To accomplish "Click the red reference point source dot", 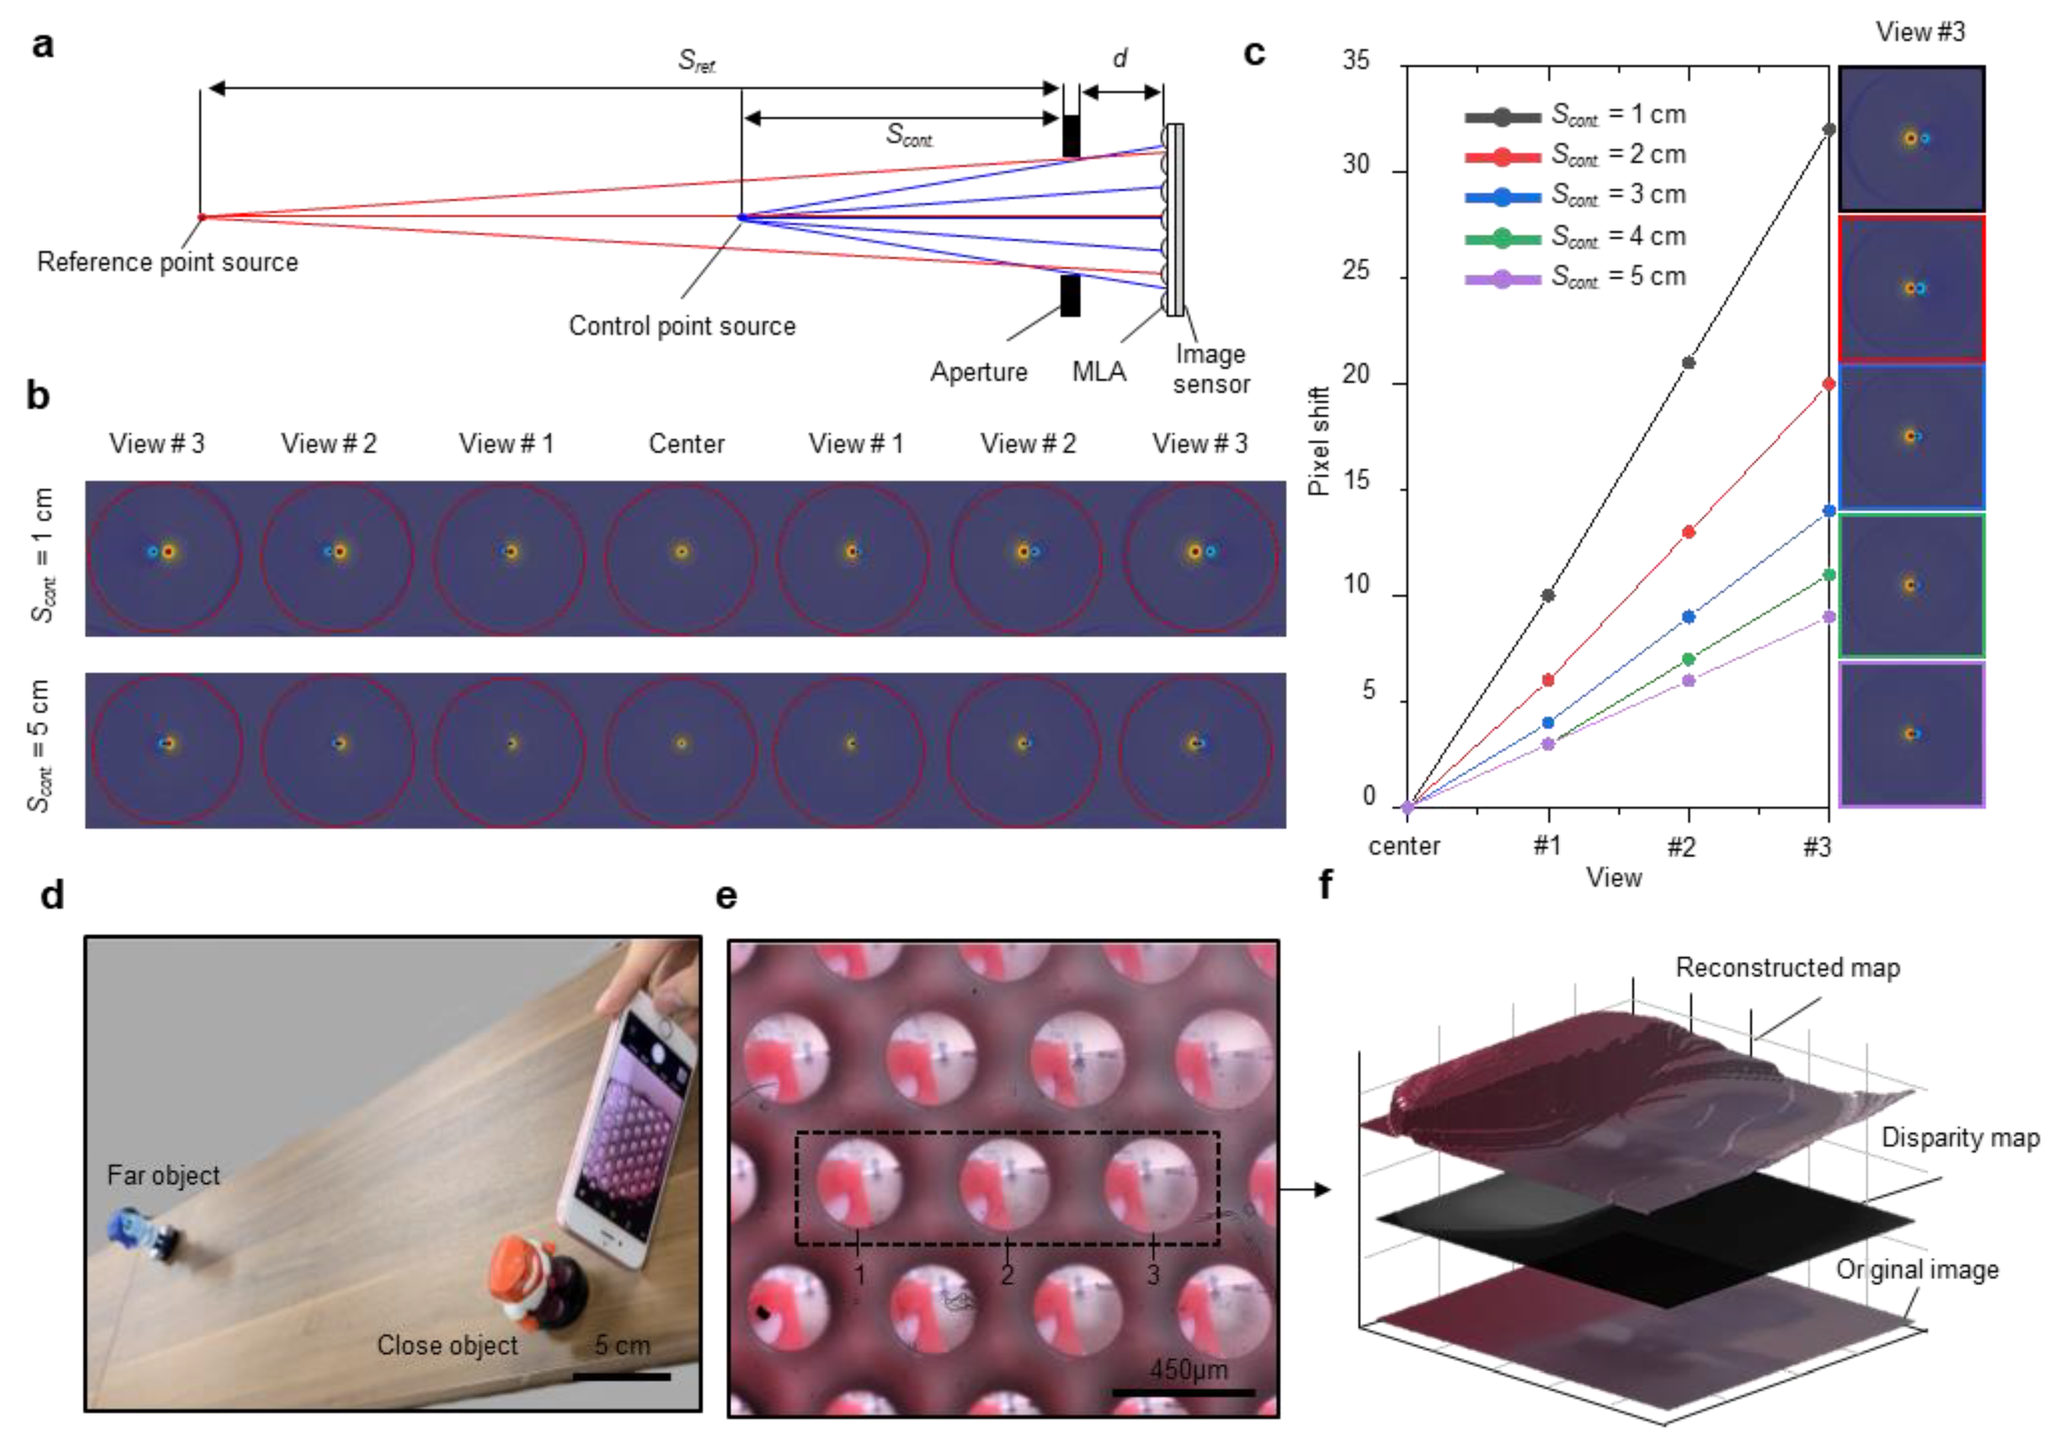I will click(201, 217).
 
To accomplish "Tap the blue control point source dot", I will click(741, 217).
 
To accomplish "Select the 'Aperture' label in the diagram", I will click(979, 371).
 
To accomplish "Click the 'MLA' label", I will click(1099, 371).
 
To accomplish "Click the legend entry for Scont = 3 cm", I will click(1575, 195).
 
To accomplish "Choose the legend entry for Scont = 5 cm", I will click(1575, 277).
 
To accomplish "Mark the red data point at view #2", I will click(1689, 532).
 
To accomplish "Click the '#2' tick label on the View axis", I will click(1681, 846).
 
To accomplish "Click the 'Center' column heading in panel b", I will click(687, 444).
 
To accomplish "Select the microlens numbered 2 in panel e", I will click(1004, 1185).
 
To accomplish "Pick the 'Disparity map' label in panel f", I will click(1959, 1138).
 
